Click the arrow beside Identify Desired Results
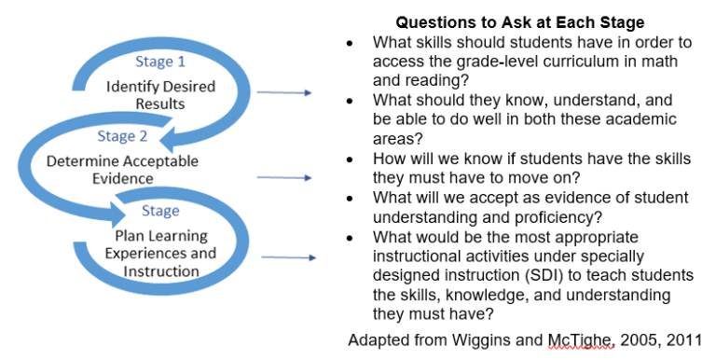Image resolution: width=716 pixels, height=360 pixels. click(x=284, y=92)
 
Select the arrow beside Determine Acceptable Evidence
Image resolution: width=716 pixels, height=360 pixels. click(x=284, y=177)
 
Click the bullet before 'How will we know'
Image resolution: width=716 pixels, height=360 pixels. click(x=350, y=159)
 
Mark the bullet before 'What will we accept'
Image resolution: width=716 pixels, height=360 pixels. click(x=350, y=198)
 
